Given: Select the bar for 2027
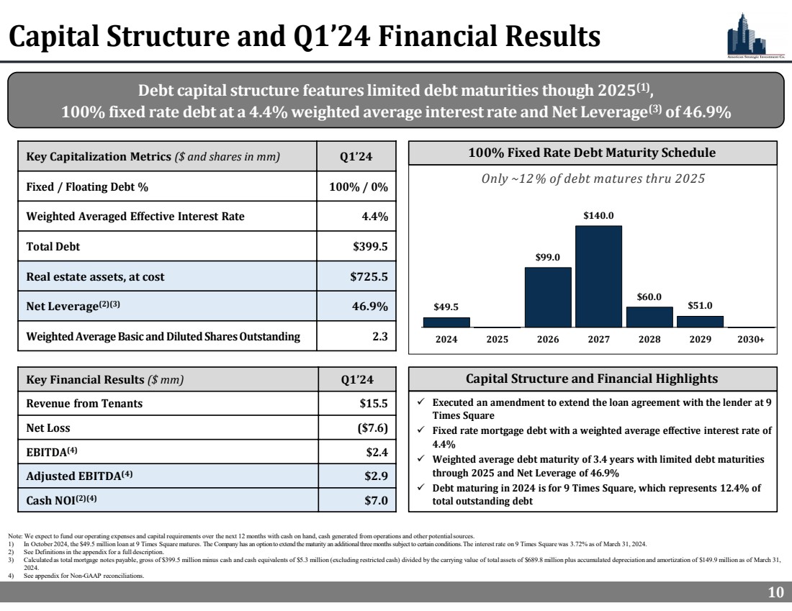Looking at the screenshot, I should click(598, 276).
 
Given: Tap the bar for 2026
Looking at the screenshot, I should click(548, 297).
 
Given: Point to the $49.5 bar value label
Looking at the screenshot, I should click(446, 307).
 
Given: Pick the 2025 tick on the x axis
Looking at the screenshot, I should click(498, 340).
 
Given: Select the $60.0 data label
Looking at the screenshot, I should click(649, 297).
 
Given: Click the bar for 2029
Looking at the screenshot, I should click(700, 322).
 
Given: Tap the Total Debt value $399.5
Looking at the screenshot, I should click(371, 246).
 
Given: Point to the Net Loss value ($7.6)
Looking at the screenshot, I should click(373, 427).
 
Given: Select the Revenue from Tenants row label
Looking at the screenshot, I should click(84, 403).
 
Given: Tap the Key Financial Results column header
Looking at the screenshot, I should click(105, 379).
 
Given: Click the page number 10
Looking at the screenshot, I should click(775, 592).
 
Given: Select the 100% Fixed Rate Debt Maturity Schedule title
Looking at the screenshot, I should click(592, 153).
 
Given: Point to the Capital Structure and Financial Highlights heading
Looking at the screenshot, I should click(592, 379).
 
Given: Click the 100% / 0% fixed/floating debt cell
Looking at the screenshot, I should click(358, 186).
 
